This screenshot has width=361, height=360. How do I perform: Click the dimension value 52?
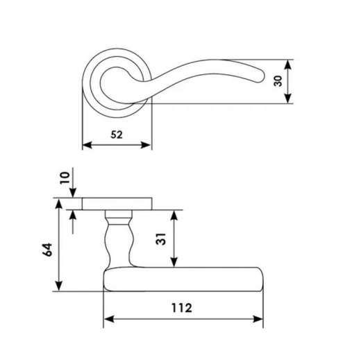coord(117,135)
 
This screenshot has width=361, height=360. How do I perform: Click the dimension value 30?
coord(278,81)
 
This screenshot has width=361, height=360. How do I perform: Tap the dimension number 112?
coord(182,308)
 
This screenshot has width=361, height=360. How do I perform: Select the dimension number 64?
coord(48,250)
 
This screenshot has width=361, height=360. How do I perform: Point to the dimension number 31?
coord(161,239)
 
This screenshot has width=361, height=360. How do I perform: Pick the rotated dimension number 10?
coord(65,178)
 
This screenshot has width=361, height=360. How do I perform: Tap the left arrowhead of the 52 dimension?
coord(87,145)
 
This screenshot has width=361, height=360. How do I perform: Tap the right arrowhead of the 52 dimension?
coord(146,145)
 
